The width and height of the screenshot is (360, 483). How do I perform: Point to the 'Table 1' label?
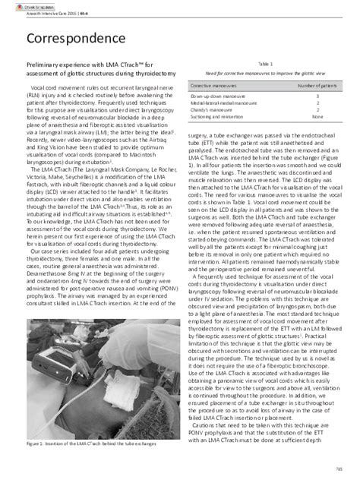[266, 65]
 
